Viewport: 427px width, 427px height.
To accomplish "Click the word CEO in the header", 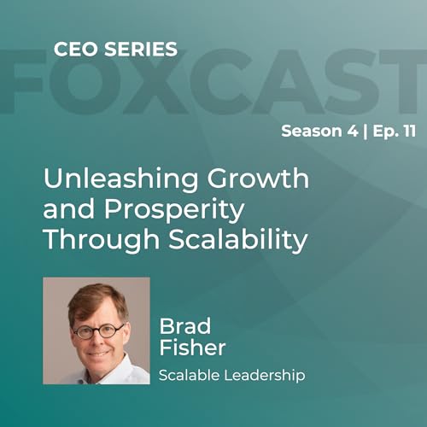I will pos(73,50).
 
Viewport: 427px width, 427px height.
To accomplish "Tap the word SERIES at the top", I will pos(136,50).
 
